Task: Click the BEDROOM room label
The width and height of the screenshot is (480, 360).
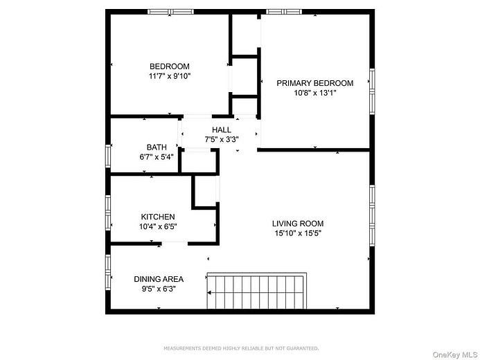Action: (170, 66)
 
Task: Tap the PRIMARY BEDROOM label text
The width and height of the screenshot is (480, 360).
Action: (314, 83)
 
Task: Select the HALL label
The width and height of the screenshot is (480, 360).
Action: (222, 129)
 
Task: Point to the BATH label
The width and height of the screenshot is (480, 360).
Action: (157, 147)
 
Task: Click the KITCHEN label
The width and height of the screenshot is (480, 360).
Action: (158, 217)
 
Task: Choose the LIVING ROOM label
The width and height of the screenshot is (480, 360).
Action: (297, 224)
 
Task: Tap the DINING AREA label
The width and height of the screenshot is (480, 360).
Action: (159, 279)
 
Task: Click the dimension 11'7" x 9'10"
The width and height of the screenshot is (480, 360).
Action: (170, 76)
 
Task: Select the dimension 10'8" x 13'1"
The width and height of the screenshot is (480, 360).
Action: (314, 93)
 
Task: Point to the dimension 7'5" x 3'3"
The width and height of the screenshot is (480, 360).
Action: (222, 139)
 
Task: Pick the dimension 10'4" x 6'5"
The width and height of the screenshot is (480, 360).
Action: (158, 226)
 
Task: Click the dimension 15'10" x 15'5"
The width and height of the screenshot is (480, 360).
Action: (297, 233)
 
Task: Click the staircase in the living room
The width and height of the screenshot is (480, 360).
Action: (257, 291)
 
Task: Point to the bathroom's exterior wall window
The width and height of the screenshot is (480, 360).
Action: (107, 155)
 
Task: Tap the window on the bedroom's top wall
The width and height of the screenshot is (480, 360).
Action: (171, 11)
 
